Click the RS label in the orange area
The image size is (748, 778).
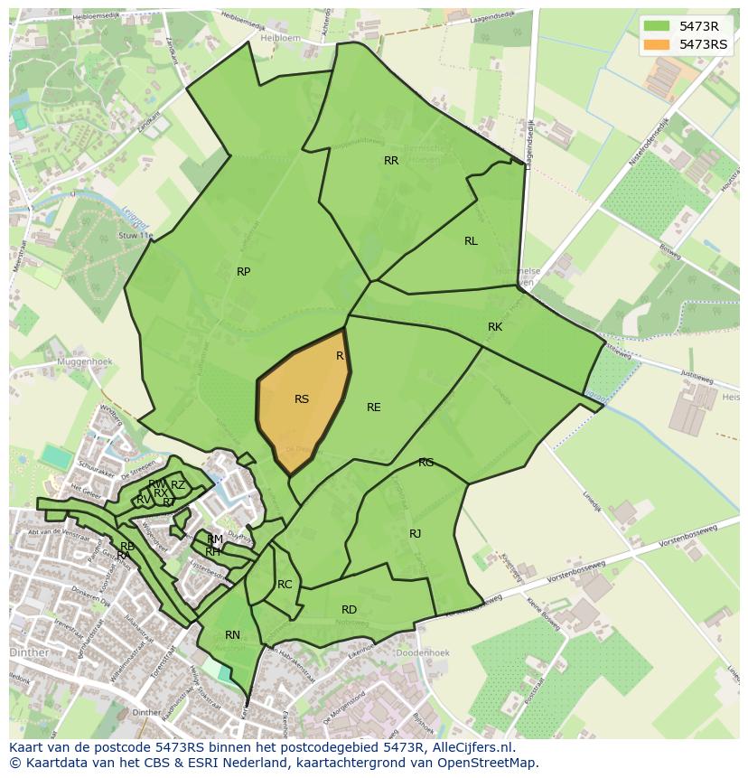pos(302,399)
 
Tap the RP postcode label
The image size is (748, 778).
pos(243,272)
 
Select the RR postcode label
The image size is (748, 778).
pos(391,161)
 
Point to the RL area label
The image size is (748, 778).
pos(471,241)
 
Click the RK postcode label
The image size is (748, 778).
pos(495,327)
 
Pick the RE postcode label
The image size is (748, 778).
pos(373,408)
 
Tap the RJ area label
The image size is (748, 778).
pos(415,534)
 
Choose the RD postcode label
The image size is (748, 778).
pos(349,610)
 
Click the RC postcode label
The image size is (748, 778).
pos(285,585)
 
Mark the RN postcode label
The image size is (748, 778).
pos(232,635)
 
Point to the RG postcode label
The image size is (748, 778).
pos(425,463)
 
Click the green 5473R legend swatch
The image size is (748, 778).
pos(657,25)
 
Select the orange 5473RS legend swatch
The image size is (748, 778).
pos(657,44)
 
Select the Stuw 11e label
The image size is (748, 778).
pos(136,236)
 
